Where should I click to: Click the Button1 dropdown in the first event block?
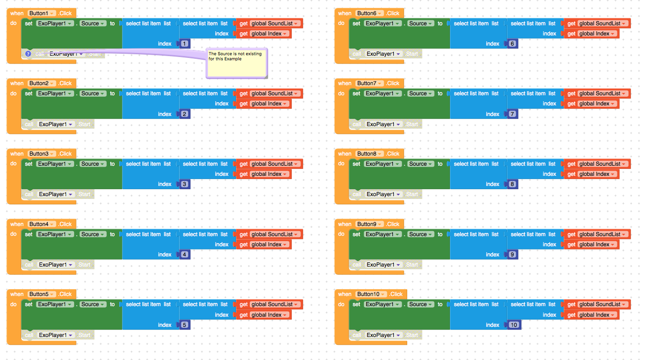42,13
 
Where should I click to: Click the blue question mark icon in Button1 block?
28,54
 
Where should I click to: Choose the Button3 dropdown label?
42,154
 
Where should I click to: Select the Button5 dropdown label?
42,294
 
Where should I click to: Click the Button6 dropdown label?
369,13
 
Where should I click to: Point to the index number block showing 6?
513,44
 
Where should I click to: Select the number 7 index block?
513,114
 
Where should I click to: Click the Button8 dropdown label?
369,154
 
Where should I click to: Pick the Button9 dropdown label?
369,224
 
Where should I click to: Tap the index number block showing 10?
514,325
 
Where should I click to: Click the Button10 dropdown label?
371,294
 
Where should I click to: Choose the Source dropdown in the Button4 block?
96,234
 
